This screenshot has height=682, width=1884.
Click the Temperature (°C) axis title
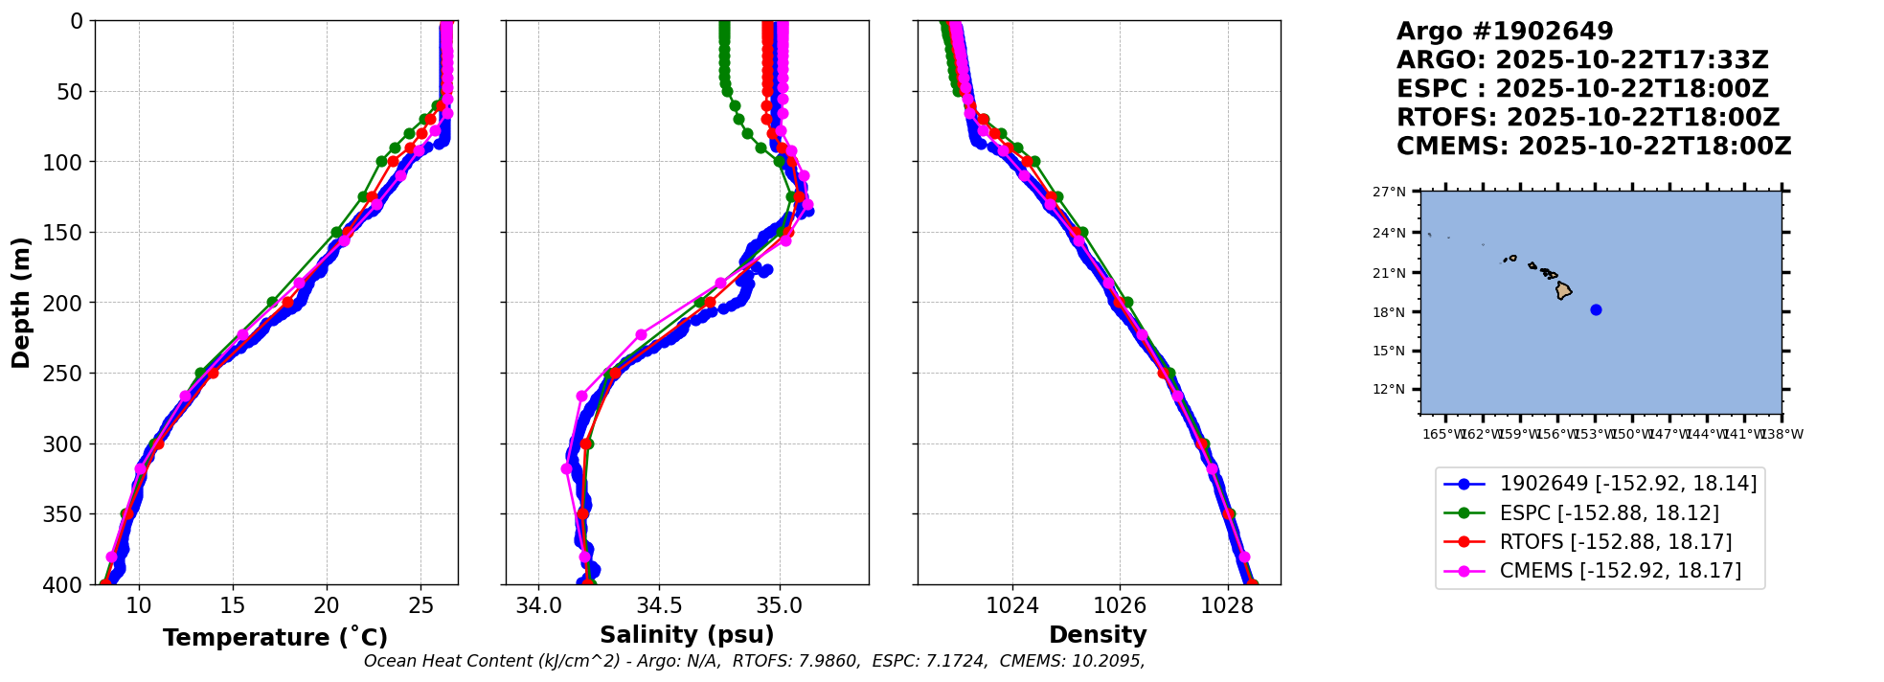pos(275,638)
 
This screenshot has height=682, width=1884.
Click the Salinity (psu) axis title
pos(687,635)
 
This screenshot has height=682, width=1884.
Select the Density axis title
pos(1098,635)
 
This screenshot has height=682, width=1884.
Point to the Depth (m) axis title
pos(21,303)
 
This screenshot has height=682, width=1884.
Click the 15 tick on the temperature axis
pos(233,605)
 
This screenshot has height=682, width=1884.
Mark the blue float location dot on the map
pos(1596,309)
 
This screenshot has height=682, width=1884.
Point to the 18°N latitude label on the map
pos(1389,313)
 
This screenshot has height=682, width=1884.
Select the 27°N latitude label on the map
pos(1389,193)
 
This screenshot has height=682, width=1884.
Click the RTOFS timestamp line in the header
pos(1587,118)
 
